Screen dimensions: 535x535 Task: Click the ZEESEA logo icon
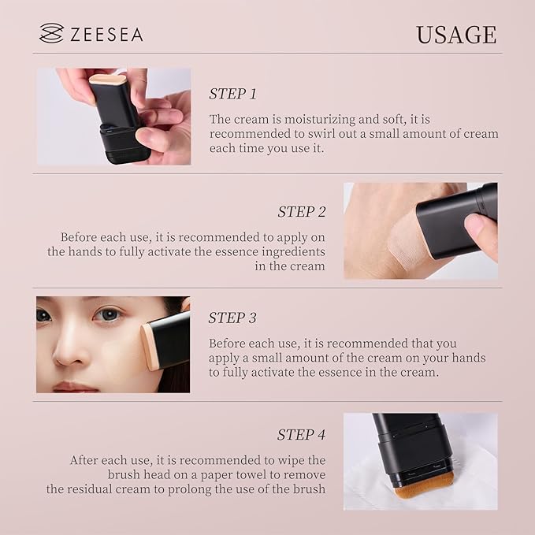click(x=51, y=33)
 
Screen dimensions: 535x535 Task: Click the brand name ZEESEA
click(x=106, y=34)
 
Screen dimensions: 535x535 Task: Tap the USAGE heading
click(x=456, y=35)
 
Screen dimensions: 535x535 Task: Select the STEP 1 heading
click(x=233, y=94)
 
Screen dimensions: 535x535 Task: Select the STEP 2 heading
click(x=301, y=211)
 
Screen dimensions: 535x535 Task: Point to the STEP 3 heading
click(x=232, y=318)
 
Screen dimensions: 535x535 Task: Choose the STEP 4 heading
click(x=301, y=434)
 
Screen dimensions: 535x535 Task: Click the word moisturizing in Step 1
click(x=303, y=119)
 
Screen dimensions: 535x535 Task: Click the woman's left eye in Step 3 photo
click(x=110, y=315)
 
